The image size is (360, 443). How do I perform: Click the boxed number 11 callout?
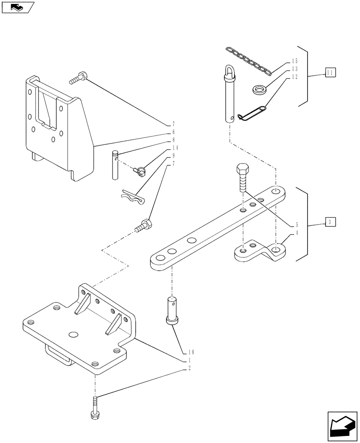pyautogui.click(x=330, y=72)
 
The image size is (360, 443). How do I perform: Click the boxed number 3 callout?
pyautogui.click(x=330, y=221)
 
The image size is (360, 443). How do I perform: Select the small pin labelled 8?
pyautogui.click(x=115, y=165)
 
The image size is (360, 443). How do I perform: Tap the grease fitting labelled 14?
pyautogui.click(x=141, y=170)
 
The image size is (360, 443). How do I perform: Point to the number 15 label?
pyautogui.click(x=294, y=61)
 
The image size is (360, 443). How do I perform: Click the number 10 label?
pyautogui.click(x=192, y=352)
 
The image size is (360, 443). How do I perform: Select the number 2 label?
pyautogui.click(x=190, y=369)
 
